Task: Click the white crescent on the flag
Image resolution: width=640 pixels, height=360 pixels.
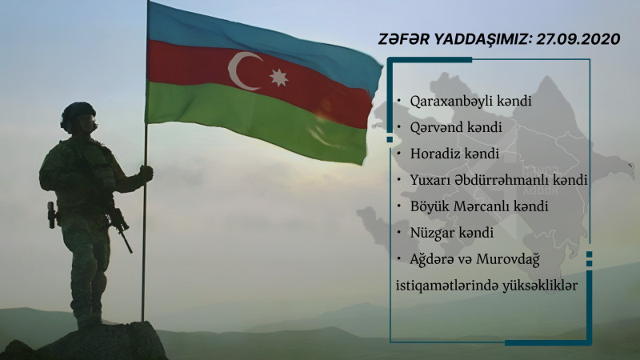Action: [x=242, y=71]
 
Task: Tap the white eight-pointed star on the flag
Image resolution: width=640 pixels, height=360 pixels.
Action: [x=278, y=78]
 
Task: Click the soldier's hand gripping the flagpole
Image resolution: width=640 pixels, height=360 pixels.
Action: [x=146, y=172]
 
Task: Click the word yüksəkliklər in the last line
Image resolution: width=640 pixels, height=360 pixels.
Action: [x=538, y=285]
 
